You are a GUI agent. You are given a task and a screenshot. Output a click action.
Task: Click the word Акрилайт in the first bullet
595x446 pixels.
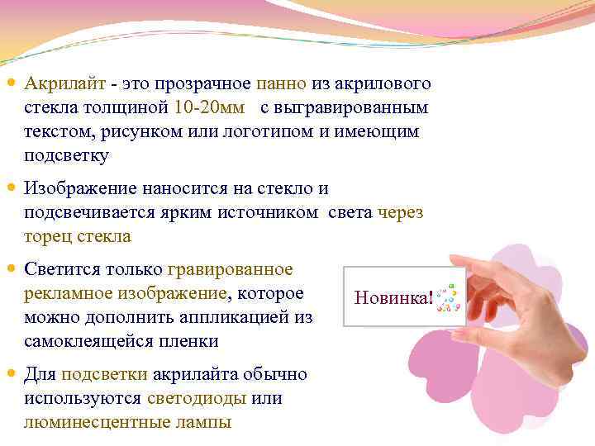64,84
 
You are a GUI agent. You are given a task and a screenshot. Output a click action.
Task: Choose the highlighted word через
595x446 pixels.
400,212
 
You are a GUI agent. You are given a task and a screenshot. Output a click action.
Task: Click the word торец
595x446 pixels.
49,236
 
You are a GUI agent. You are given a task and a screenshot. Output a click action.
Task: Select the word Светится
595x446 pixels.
66,269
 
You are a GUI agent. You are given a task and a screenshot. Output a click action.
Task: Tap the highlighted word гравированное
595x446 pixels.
230,269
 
